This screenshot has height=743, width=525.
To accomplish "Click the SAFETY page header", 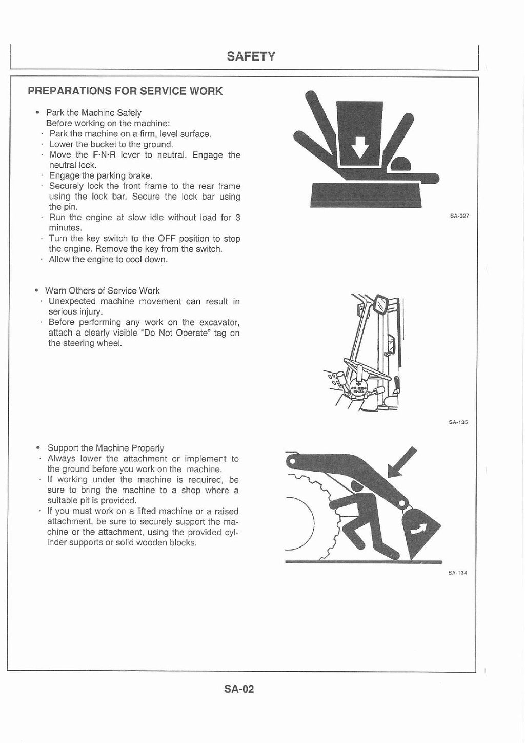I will coord(251,56).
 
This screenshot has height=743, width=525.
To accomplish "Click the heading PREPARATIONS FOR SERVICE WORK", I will coord(125,91).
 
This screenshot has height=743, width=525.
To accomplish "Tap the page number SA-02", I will coord(239,689).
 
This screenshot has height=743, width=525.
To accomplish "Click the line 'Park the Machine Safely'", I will coord(93,113).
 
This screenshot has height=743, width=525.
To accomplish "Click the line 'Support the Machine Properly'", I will coord(106,448).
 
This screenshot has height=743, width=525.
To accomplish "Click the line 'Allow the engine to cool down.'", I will coord(108,260).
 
